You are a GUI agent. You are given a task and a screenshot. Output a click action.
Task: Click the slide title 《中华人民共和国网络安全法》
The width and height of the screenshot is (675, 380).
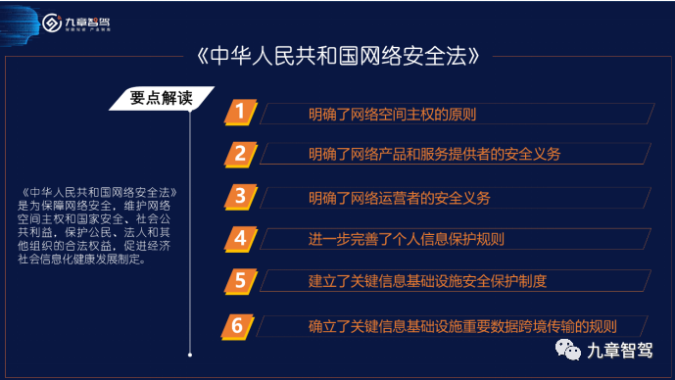(338, 55)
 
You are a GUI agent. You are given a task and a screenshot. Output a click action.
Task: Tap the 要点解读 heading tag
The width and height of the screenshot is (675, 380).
(161, 97)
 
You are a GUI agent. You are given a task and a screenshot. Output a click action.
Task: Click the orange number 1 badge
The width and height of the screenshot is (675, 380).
(238, 112)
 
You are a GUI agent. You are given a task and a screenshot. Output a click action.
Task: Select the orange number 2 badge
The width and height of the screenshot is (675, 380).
(238, 154)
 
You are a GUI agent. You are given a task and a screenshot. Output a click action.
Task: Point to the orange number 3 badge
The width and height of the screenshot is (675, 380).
(238, 196)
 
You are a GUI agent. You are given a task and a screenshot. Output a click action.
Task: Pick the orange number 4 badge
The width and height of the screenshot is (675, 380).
(238, 238)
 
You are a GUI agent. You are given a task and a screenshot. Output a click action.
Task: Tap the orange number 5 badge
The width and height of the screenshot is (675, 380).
(238, 281)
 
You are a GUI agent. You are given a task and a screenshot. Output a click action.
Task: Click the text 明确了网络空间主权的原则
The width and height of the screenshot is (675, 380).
(392, 114)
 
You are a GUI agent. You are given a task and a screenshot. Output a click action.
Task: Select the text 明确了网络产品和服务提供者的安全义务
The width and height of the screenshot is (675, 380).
(434, 156)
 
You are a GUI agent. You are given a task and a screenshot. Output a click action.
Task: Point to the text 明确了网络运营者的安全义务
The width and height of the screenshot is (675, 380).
(399, 198)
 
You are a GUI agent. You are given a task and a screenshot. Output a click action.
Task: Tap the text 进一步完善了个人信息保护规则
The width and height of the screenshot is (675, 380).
(406, 240)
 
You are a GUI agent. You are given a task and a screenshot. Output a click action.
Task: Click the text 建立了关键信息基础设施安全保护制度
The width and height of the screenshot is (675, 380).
(427, 282)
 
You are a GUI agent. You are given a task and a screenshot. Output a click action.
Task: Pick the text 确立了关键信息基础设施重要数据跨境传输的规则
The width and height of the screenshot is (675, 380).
(462, 326)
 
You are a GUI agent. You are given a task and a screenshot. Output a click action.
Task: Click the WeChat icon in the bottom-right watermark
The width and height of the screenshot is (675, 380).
(568, 348)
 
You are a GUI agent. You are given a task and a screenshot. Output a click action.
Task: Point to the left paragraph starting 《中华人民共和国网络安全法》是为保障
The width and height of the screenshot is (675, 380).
(97, 233)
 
